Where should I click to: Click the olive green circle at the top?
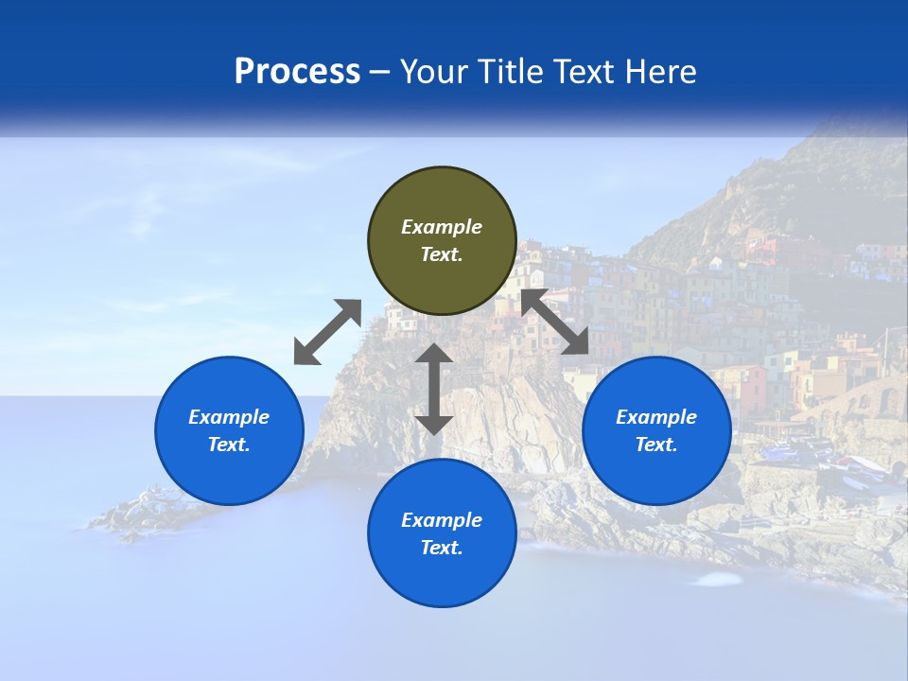point(442,240)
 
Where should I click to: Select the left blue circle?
point(229,430)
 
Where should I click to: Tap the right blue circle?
point(656,430)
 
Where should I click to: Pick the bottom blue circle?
point(442,533)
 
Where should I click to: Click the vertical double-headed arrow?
point(434,389)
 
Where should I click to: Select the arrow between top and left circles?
point(327,332)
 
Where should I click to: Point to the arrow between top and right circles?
point(555,323)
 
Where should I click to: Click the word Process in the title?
point(297,72)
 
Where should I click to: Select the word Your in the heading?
point(433,72)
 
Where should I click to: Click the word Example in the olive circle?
point(442,227)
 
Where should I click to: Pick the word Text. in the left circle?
point(229,445)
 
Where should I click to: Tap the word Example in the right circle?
point(656,417)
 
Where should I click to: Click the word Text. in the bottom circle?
point(442,548)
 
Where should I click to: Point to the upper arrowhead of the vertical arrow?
point(434,353)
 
